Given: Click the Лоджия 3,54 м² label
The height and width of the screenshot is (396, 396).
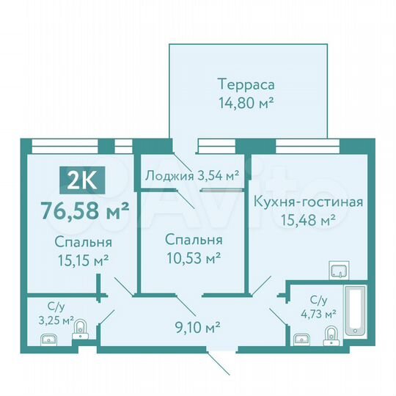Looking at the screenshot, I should point(193,175).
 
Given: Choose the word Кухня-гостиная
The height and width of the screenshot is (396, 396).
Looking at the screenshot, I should point(307,202).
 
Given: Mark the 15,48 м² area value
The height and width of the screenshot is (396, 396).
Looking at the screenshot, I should point(308,219).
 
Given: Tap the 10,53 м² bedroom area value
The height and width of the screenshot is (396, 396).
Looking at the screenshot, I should point(193,258).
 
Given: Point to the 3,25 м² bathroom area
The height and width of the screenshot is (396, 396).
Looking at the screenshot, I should point(56,320).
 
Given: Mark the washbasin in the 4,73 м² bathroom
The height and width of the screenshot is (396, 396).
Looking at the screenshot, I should point(300,339).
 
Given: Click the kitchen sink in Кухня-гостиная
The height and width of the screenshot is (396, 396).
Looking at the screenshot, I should point(339,271).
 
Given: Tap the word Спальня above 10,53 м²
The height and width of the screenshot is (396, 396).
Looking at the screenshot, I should point(193,241).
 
